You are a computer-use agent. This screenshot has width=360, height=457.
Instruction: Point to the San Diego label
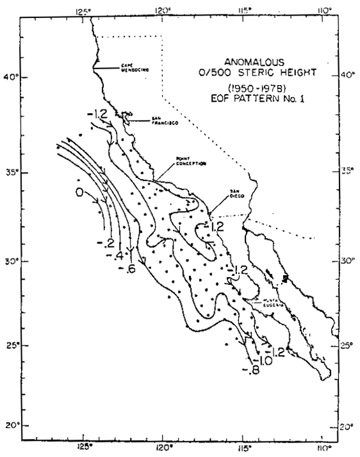click(236, 196)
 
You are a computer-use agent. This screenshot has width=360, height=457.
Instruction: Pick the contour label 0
click(78, 192)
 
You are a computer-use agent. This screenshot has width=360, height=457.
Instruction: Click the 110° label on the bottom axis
click(323, 447)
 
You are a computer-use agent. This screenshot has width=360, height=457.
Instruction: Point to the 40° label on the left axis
click(11, 77)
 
